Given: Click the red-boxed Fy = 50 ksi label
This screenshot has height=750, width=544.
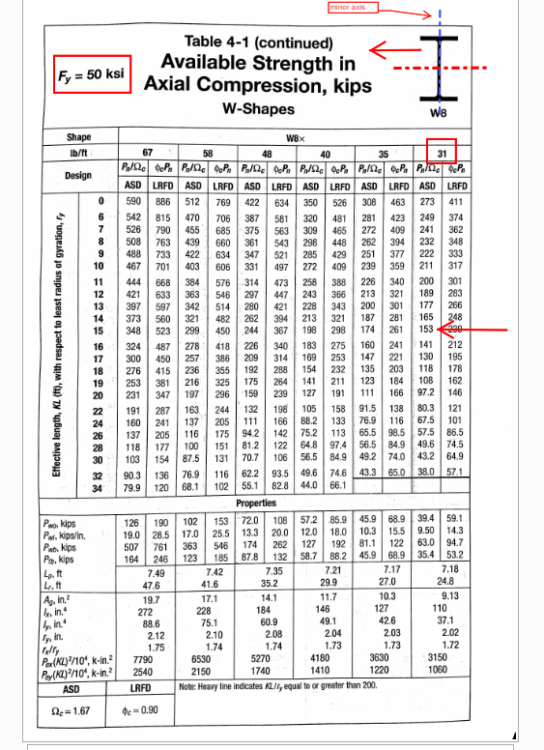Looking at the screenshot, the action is pyautogui.click(x=90, y=73).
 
